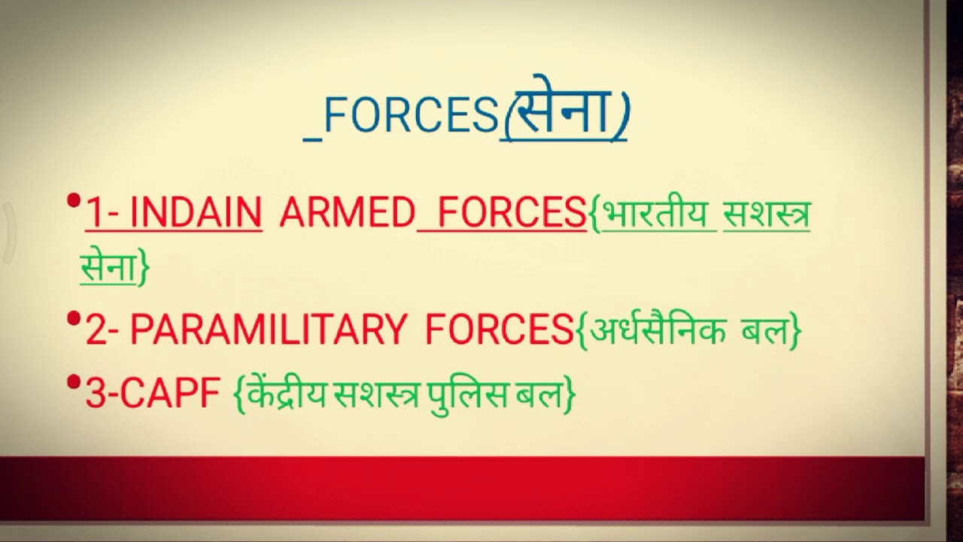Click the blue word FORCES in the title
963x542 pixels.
(x=410, y=117)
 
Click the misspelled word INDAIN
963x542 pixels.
(x=196, y=214)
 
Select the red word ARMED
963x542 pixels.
(x=347, y=214)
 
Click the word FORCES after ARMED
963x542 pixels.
(x=512, y=214)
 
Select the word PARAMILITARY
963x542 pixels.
(x=268, y=330)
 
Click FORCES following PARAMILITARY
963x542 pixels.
(x=499, y=330)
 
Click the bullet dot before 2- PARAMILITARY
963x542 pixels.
(x=74, y=319)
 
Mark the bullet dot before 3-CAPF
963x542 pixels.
(x=74, y=383)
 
